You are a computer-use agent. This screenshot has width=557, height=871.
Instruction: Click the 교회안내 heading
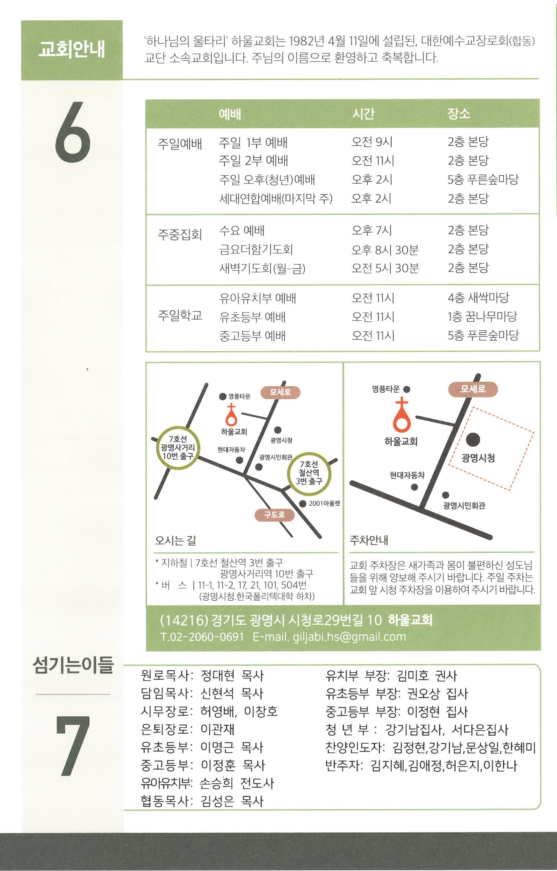(x=72, y=50)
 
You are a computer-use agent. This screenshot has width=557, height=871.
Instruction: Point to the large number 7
(x=73, y=746)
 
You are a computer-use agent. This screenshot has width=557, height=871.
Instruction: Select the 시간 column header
(x=364, y=114)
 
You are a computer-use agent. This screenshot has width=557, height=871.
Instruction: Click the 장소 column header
(x=459, y=114)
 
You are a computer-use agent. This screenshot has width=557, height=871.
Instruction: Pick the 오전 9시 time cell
(x=372, y=142)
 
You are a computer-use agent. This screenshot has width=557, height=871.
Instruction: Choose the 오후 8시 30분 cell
(x=385, y=249)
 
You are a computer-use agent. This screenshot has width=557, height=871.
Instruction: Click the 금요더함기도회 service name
(x=256, y=249)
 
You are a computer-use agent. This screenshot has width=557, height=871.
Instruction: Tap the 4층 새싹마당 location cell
(x=478, y=298)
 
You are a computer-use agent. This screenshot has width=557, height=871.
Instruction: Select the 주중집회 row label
(x=180, y=234)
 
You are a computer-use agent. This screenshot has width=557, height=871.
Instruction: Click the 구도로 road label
(x=274, y=515)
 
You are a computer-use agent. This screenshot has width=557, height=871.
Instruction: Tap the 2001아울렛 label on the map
(x=324, y=504)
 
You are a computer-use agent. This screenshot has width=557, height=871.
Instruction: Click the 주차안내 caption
(x=369, y=541)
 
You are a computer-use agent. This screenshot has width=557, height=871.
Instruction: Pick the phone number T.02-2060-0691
(x=202, y=636)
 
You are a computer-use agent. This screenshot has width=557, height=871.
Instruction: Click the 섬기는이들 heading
(x=73, y=665)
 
